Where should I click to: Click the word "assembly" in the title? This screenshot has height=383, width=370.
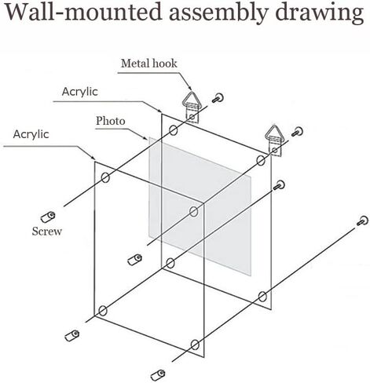[x=218, y=13]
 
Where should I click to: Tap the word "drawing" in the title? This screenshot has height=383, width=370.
[x=320, y=13]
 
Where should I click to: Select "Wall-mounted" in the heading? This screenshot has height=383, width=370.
[x=83, y=12]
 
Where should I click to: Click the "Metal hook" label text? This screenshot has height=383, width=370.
[x=149, y=64]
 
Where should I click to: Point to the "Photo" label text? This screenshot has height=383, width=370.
[x=111, y=121]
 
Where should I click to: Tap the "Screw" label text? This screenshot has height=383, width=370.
[x=47, y=232]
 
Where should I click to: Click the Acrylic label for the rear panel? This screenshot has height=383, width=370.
[x=80, y=92]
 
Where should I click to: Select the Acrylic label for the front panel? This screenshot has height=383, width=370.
[x=31, y=134]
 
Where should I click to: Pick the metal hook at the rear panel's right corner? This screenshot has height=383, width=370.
[x=273, y=140]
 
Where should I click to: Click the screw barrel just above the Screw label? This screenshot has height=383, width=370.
[x=48, y=217]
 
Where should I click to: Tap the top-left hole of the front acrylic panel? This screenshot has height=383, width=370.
[x=105, y=177]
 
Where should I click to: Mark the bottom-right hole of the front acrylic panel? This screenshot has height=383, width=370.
[x=195, y=345]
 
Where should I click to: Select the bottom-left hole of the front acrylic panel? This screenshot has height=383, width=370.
[x=103, y=311]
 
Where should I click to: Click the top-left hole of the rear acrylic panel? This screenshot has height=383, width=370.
[x=174, y=130]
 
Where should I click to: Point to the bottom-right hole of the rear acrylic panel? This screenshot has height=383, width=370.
[x=262, y=297]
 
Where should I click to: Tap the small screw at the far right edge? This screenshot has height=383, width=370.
[x=363, y=221]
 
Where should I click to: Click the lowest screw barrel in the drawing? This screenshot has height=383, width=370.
[x=158, y=375]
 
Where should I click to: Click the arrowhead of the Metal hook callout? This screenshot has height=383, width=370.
[x=190, y=88]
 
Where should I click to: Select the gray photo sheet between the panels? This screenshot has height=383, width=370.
[x=200, y=206]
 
